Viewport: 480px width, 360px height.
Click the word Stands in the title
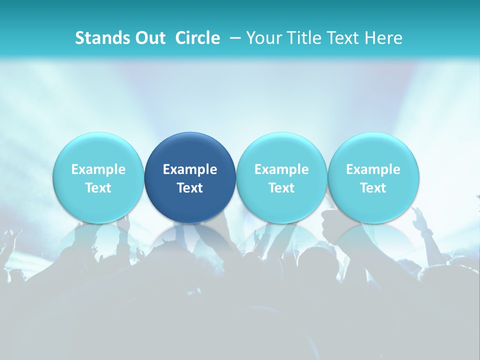pos(102,38)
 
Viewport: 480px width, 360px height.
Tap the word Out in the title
pos(149,38)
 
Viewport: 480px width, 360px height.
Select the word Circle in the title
pos(197,38)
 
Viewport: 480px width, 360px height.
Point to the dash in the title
pos(235,38)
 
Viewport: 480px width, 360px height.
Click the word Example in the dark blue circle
pos(190,169)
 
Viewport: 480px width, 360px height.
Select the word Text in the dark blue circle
pos(190,188)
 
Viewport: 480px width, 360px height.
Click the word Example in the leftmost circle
pos(98,169)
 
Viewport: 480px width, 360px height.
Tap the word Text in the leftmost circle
pos(98,188)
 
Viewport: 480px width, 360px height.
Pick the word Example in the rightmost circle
pos(373,169)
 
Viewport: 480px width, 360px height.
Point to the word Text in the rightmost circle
pos(373,188)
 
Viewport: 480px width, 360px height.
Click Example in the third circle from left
pos(281,169)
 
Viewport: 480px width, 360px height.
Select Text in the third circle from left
pos(281,188)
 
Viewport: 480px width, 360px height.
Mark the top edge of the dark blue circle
pos(190,133)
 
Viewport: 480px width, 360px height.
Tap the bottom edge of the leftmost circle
pos(98,222)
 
